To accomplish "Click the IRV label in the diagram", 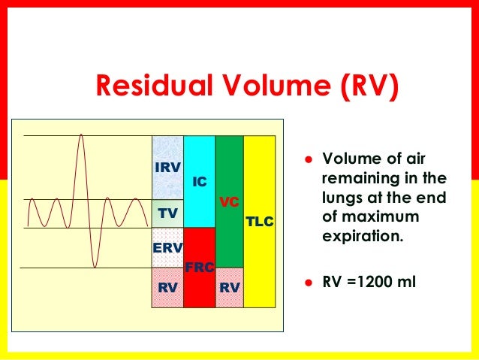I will pyautogui.click(x=167, y=167).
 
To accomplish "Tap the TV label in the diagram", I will pyautogui.click(x=167, y=213).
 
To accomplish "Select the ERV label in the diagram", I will pyautogui.click(x=167, y=248).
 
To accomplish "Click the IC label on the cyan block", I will pyautogui.click(x=199, y=181).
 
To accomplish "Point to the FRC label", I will pyautogui.click(x=198, y=268).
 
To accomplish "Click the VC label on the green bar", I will pyautogui.click(x=229, y=202).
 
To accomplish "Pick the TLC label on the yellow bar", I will pyautogui.click(x=260, y=222).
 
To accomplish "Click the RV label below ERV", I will pyautogui.click(x=167, y=286).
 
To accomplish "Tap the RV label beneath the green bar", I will pyautogui.click(x=229, y=286).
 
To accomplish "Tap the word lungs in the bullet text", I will pyautogui.click(x=339, y=199).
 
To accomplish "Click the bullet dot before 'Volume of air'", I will pyautogui.click(x=307, y=160).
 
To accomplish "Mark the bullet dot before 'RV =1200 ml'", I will pyautogui.click(x=307, y=284).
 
